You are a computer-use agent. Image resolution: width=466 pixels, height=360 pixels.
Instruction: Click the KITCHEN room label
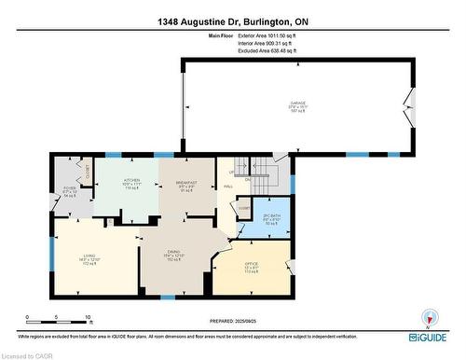130,182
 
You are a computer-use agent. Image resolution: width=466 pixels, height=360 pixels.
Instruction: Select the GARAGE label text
297,104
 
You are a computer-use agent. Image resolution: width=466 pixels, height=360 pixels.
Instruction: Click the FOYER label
69,191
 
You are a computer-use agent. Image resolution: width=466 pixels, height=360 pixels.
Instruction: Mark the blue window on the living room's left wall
52,252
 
